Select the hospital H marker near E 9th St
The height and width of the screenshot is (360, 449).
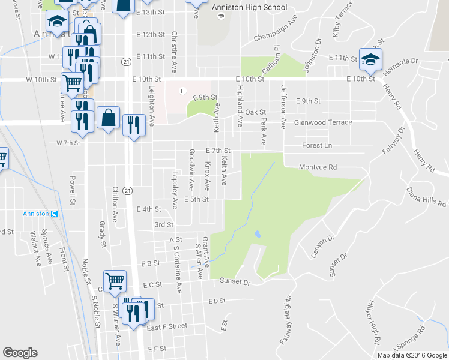point(183,91)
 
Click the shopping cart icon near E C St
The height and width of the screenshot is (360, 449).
point(115,280)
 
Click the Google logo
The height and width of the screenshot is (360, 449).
point(20,353)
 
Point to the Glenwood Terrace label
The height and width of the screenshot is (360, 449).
point(323,122)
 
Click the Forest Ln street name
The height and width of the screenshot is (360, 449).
point(318,145)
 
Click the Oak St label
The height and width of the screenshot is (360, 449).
point(255,112)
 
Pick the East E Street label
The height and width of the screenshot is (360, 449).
point(167,326)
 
